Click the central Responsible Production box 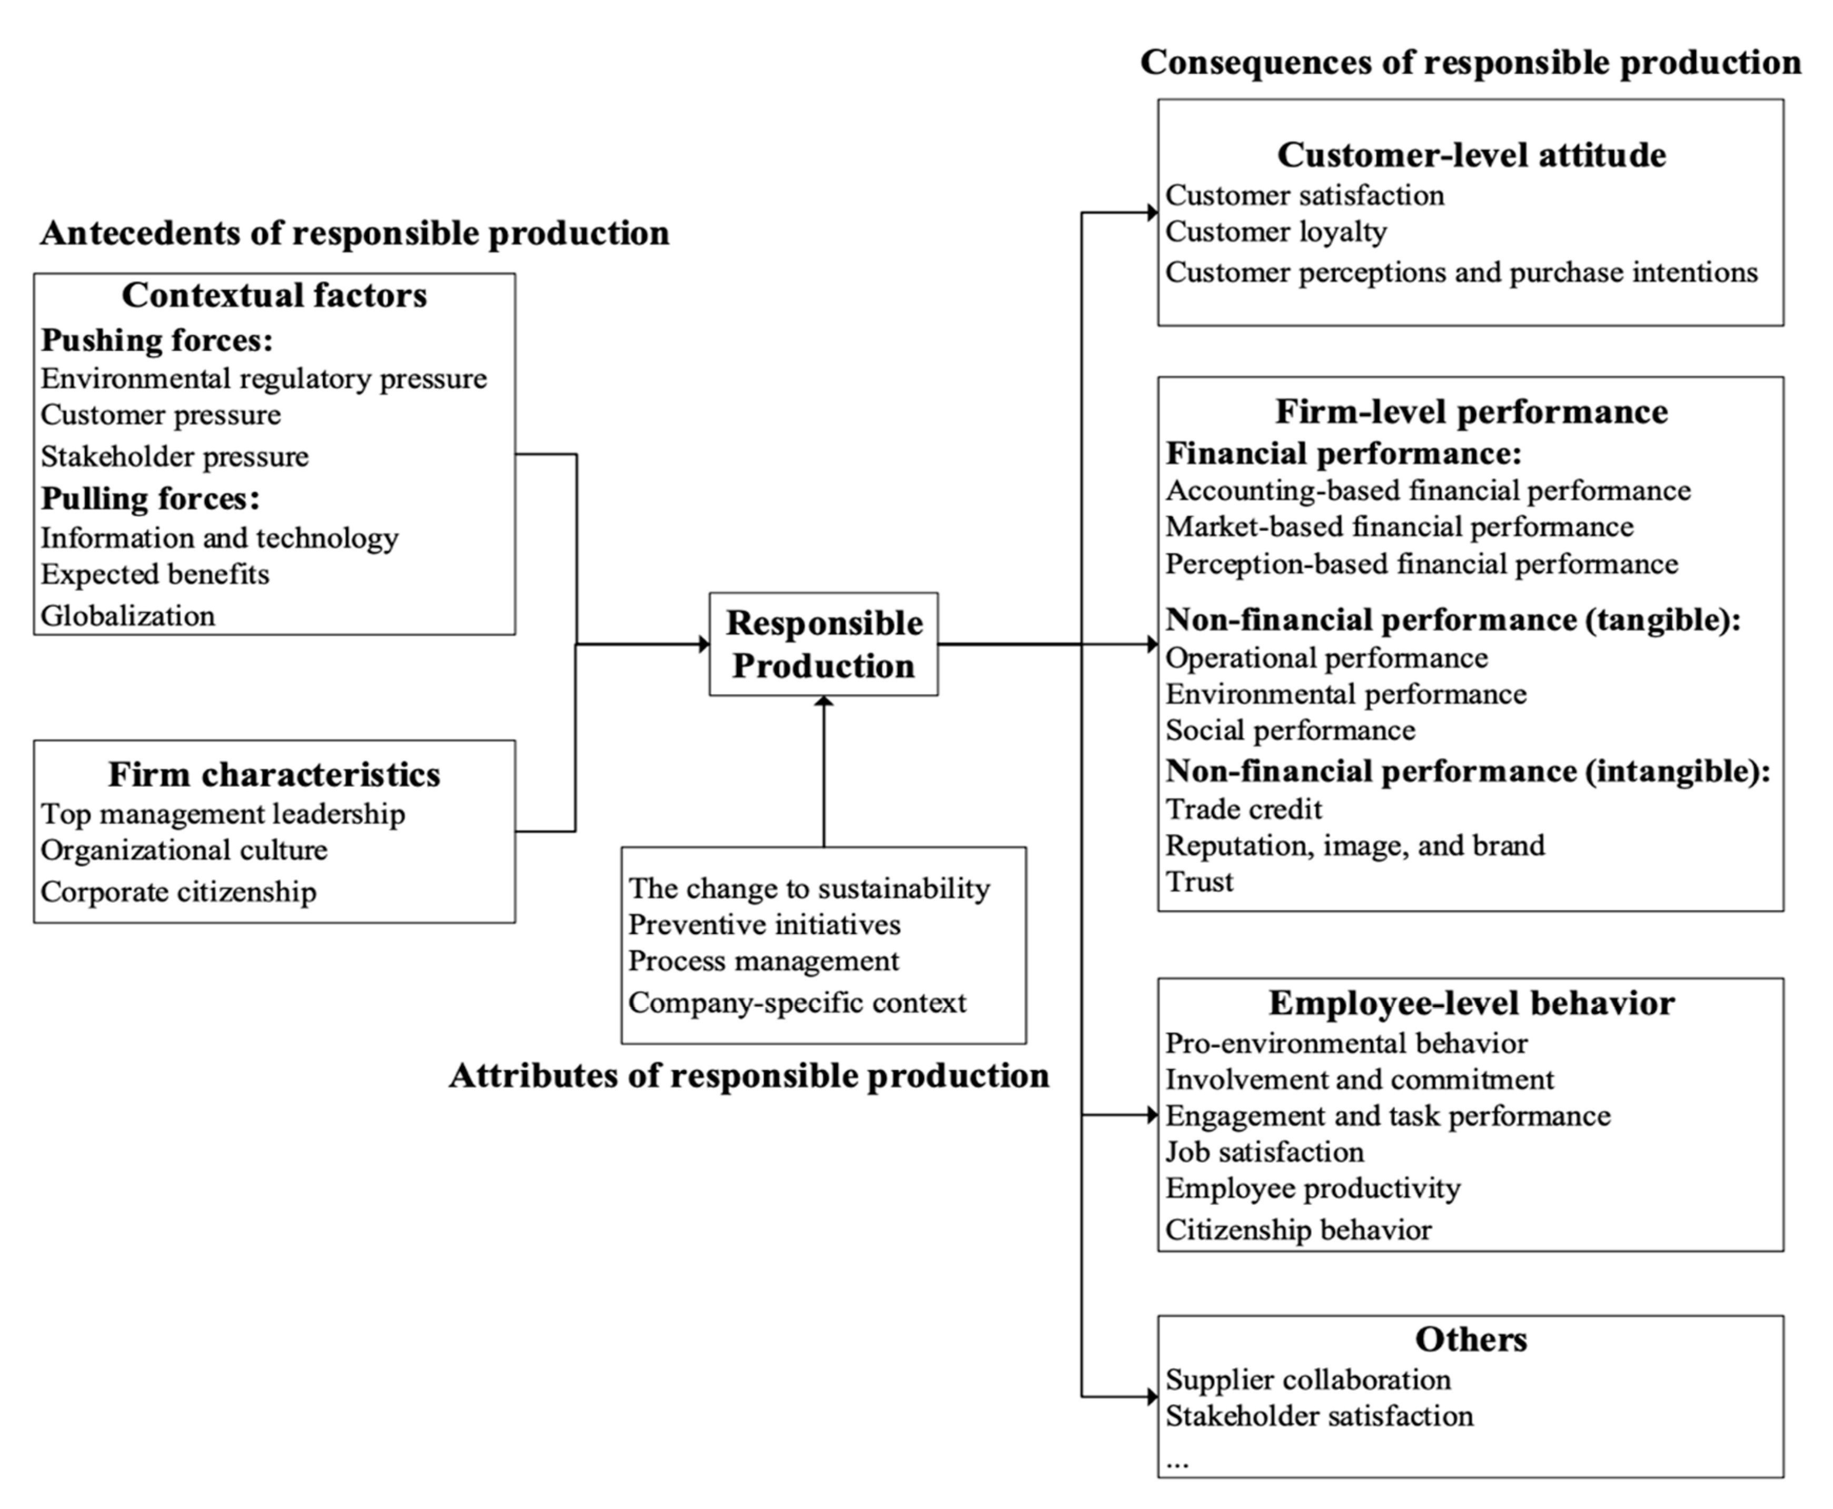tap(824, 644)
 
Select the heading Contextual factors tap(274, 296)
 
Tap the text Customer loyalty tap(1275, 232)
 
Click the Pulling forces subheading tap(151, 499)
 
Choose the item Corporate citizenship tap(179, 892)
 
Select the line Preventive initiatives tap(765, 925)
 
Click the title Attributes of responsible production tap(749, 1076)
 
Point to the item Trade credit tap(1243, 810)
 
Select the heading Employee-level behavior tap(1471, 1003)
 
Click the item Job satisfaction tap(1264, 1153)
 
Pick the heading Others tap(1471, 1340)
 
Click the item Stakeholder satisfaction tap(1319, 1416)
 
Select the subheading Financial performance tap(1343, 454)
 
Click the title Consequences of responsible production tap(1470, 63)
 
